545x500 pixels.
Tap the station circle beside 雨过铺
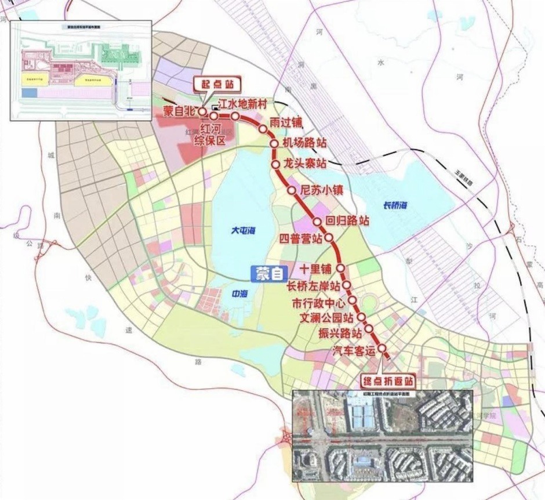[x=263, y=129]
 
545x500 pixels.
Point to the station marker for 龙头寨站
[x=276, y=165]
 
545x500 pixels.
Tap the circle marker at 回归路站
[x=317, y=222]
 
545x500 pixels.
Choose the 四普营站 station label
[x=301, y=238]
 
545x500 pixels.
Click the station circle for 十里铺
[x=341, y=268]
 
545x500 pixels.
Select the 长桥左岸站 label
[x=314, y=285]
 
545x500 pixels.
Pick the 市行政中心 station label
[x=318, y=302]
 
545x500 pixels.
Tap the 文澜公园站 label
[x=324, y=318]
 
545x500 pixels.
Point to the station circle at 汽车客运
[x=383, y=348]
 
